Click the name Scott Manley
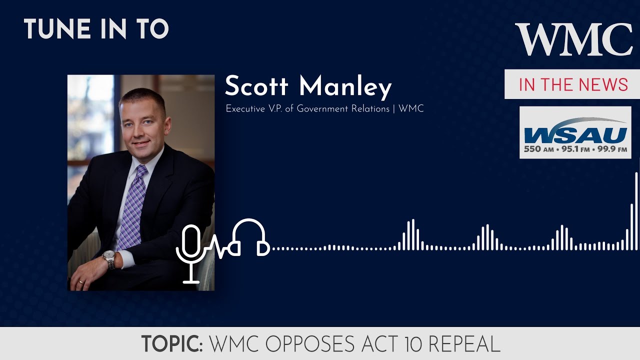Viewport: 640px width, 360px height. coord(308,87)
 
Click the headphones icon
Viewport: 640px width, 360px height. coord(248,237)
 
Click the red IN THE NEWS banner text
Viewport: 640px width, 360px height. coord(573,84)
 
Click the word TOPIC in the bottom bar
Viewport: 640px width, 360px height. coord(171,344)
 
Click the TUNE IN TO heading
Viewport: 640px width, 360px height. coord(96,29)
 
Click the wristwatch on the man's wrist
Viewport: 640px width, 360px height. coord(109,259)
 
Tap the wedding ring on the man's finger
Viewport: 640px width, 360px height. coord(81,281)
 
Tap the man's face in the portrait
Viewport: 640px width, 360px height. coord(141,126)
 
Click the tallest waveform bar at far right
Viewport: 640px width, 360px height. coord(636,210)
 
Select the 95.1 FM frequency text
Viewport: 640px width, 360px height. coord(574,149)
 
